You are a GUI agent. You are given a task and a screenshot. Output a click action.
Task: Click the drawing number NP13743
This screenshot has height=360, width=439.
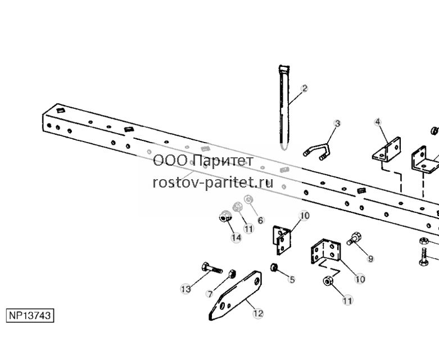pos(30,316)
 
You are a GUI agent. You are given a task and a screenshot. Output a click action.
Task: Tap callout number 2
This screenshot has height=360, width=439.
pos(305,88)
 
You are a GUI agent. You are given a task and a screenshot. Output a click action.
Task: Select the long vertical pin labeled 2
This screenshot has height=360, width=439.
pos(284,108)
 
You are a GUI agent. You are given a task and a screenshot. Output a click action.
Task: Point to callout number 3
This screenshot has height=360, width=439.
pos(338,124)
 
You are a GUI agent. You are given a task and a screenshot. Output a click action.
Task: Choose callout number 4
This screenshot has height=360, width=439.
pos(378,122)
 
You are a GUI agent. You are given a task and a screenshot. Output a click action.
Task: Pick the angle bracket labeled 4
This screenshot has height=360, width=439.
pos(387,150)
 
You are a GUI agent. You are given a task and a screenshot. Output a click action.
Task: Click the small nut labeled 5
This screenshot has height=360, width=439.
pos(274,268)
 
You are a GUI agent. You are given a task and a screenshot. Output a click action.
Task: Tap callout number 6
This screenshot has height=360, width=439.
pos(261,220)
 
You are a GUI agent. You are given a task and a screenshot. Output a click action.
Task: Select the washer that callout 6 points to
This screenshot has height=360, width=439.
pos(248,199)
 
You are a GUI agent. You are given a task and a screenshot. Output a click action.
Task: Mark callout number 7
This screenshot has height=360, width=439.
pos(210,294)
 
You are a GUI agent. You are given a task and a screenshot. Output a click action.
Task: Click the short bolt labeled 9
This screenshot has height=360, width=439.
pos(354,238)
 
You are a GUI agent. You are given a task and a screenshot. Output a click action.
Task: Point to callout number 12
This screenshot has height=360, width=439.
pos(258,313)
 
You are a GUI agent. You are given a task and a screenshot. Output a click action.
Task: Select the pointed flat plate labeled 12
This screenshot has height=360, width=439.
pos(236,295)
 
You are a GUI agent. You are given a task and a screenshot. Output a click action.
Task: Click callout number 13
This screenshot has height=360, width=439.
pos(185,289)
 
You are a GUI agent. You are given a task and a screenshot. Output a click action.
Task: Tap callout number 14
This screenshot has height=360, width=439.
pos(236,238)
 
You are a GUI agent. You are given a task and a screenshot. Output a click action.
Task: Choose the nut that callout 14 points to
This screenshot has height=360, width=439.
pos(225,216)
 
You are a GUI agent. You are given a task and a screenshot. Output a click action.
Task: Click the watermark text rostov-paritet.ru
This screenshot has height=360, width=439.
pos(213,183)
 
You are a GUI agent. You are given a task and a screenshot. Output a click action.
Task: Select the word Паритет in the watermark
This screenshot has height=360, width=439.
pos(223,161)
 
